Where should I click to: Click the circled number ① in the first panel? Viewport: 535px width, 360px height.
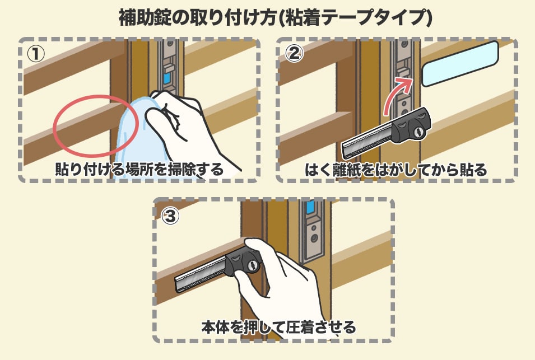point(36,54)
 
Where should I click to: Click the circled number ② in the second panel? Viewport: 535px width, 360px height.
point(294,53)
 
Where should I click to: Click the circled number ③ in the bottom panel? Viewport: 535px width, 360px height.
point(170,216)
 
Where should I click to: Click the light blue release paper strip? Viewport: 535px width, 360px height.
point(460,64)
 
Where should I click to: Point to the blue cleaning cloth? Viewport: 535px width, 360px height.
point(137,137)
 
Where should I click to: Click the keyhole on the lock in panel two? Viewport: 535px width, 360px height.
point(419,132)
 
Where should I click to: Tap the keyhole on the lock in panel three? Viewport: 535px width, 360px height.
point(252,265)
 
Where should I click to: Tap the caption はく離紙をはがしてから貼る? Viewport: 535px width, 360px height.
point(396,170)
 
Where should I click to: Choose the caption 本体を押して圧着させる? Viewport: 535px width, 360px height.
point(278,327)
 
